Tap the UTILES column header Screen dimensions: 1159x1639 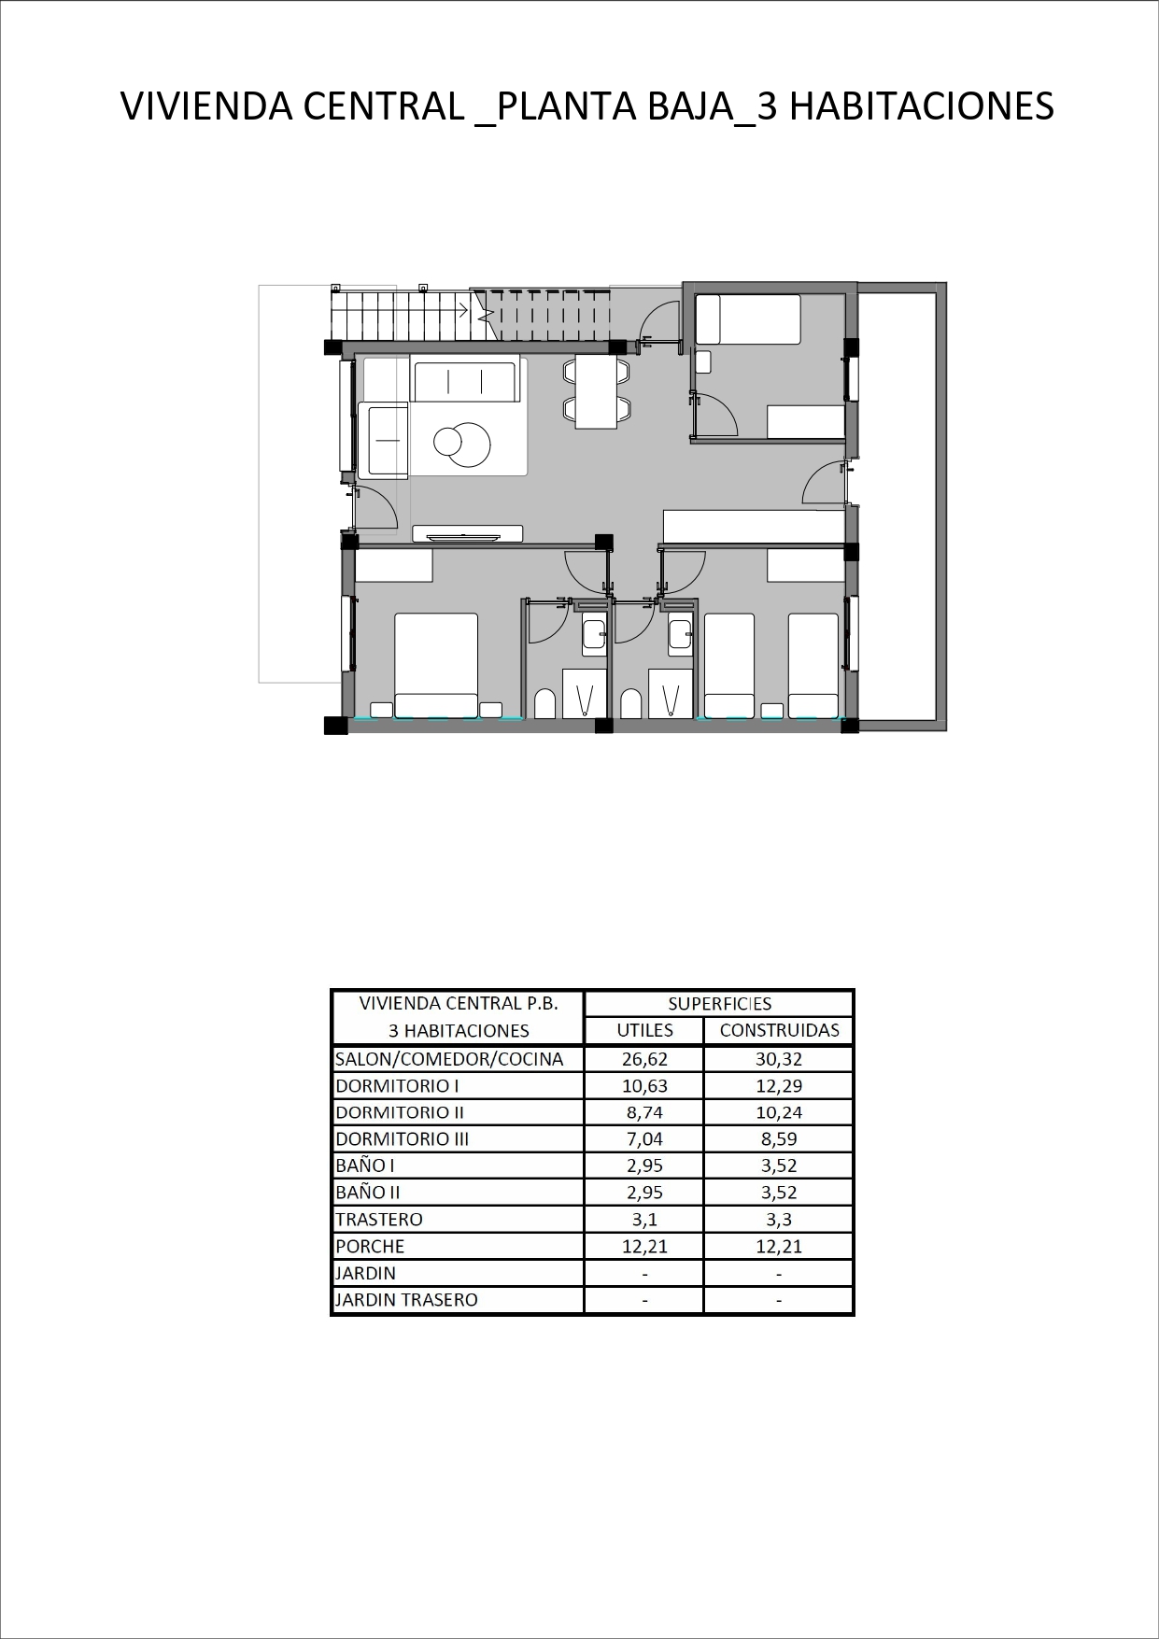click(644, 1030)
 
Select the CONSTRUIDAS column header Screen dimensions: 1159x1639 click(779, 1030)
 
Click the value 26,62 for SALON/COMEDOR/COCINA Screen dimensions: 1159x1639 click(644, 1059)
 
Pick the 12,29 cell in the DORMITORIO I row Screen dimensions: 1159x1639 click(779, 1085)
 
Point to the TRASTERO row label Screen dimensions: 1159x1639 click(378, 1219)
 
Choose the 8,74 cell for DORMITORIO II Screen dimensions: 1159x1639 click(644, 1112)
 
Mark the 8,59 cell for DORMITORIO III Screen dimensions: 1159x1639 click(779, 1138)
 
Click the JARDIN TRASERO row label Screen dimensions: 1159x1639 click(406, 1299)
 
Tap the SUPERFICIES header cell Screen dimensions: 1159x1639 click(719, 1004)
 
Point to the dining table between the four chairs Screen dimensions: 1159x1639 click(596, 391)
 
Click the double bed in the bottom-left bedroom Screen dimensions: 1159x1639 click(436, 665)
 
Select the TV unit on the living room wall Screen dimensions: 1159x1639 click(467, 534)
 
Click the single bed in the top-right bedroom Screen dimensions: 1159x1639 click(748, 319)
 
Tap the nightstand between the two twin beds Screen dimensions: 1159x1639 click(771, 711)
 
